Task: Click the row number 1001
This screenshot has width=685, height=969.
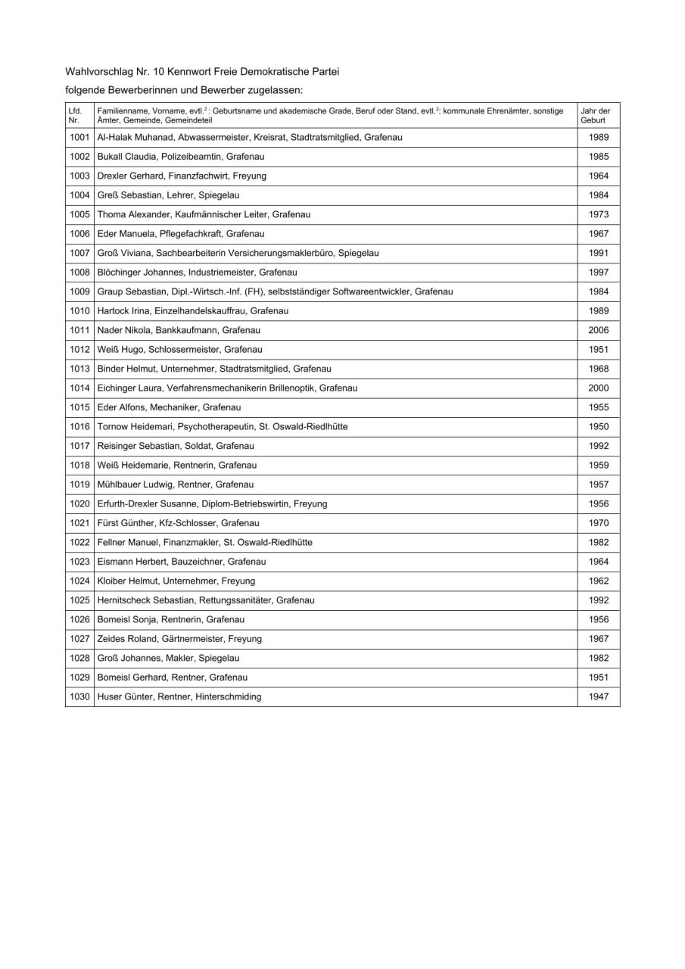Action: (79, 138)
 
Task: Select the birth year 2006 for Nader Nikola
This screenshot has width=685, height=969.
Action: (598, 331)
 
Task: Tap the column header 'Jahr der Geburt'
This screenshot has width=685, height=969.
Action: (595, 115)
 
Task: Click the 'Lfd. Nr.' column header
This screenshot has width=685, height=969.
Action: (74, 115)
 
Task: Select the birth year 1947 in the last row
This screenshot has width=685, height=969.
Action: (598, 697)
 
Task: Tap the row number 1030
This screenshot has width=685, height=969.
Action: (79, 697)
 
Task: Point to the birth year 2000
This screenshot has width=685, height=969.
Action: (598, 388)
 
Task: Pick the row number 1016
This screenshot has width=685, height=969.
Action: (79, 427)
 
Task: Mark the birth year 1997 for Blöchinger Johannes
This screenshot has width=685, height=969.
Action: (598, 273)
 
